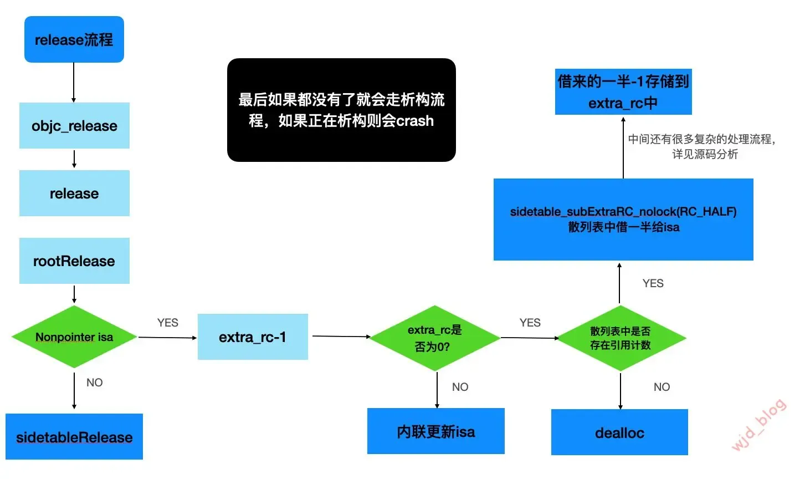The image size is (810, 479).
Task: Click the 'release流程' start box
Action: (74, 39)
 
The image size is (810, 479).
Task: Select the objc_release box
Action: (74, 126)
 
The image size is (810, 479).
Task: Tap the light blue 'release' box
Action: (74, 193)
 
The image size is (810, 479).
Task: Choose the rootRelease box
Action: (74, 261)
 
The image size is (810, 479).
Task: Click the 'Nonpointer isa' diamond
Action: (74, 337)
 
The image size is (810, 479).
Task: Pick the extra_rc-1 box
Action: (253, 337)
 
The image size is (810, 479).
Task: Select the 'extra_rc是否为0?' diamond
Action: (435, 338)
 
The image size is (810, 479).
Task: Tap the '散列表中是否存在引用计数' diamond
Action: (621, 338)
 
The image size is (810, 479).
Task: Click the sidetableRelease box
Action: (74, 437)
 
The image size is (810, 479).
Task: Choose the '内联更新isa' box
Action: (436, 431)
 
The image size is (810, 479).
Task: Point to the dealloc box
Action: (619, 432)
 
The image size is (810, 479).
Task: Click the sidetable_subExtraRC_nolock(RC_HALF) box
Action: (623, 220)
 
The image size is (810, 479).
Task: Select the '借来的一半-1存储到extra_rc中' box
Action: (623, 92)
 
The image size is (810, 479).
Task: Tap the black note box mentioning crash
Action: (341, 110)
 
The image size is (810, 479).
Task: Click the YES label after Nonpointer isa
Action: (167, 323)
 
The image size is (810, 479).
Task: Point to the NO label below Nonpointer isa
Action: (95, 383)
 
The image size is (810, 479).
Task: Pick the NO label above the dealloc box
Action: (662, 387)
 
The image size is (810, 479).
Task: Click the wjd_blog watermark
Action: (759, 425)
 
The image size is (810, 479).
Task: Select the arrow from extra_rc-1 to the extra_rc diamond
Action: (340, 336)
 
